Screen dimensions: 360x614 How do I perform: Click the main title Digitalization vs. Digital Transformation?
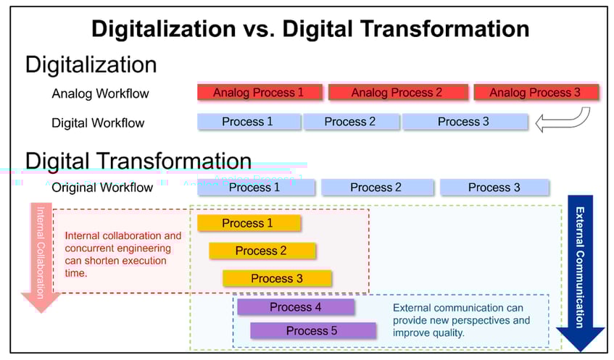coord(310,28)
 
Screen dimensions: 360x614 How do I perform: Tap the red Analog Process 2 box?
coord(397,92)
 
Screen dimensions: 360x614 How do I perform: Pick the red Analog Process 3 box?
coord(536,92)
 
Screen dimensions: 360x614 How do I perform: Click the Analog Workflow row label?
coord(100,93)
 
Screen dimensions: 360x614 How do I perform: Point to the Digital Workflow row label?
coord(98,122)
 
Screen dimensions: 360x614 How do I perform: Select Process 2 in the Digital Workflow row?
coord(351,122)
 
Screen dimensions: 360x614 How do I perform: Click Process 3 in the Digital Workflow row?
coord(464,122)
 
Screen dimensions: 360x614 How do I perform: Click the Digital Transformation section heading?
coord(138,160)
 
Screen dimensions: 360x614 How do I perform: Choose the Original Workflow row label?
coord(102,188)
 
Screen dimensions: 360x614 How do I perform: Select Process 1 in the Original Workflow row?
coord(254,188)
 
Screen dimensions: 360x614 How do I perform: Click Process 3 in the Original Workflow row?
coord(494,188)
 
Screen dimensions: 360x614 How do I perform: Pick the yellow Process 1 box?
coord(248,223)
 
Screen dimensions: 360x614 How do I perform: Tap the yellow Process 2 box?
coord(262,251)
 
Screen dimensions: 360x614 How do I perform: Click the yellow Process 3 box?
coord(277,278)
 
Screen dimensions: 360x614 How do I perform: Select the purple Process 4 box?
coord(296,307)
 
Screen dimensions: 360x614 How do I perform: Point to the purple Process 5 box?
coord(312,331)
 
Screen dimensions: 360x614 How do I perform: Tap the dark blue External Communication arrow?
coord(580,268)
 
